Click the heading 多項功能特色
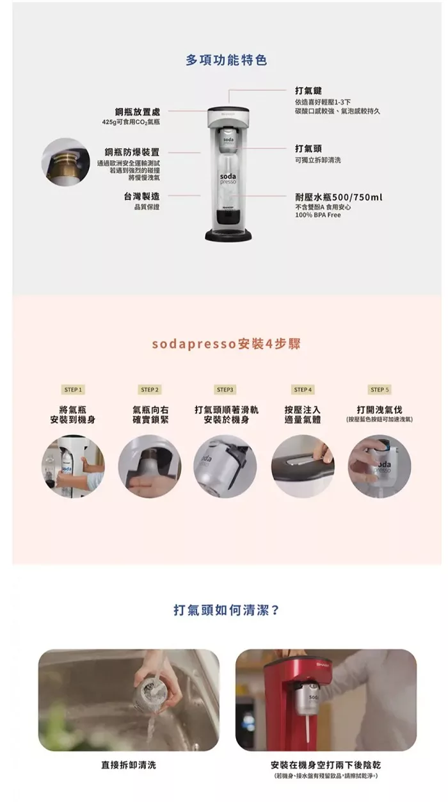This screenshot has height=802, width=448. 226,60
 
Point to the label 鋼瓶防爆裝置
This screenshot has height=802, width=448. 132,152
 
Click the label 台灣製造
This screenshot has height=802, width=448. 141,196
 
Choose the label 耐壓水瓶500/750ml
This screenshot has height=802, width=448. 339,197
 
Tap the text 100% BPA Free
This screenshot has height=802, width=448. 318,215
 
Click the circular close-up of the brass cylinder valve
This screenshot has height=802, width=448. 65,162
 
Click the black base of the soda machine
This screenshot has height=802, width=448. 228,236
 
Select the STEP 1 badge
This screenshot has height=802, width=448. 73,389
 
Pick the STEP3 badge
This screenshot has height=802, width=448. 225,389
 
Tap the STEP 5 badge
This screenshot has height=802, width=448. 380,389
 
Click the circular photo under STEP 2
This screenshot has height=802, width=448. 150,466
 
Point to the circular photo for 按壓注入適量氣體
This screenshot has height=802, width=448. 303,466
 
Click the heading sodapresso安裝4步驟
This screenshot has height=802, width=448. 226,344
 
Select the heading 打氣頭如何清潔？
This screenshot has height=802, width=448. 226,609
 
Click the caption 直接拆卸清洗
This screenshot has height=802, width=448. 129,765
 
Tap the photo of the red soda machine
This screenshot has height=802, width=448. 326,700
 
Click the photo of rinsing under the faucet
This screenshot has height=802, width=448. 129,700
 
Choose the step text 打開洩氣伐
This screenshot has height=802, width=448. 380,410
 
